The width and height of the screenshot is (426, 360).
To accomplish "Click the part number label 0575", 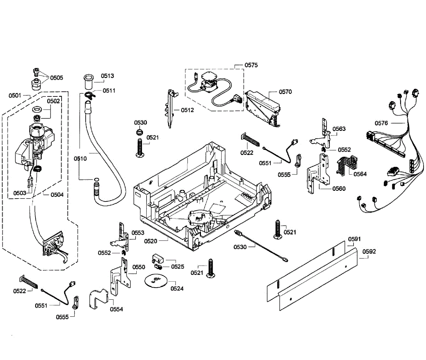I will (251, 65).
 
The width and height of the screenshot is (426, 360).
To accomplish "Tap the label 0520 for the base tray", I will (151, 241).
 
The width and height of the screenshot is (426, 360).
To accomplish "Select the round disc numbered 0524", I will (155, 280).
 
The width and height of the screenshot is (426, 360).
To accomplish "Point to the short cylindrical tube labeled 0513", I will (87, 83).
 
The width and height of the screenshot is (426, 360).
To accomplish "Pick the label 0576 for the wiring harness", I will (382, 123).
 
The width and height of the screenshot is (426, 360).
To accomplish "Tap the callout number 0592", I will (369, 252).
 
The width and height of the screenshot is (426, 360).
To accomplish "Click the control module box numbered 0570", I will (263, 106).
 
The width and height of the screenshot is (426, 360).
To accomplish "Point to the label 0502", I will (53, 101).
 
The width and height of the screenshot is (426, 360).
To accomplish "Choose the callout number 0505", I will (56, 78).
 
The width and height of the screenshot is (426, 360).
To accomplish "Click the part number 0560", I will (339, 189).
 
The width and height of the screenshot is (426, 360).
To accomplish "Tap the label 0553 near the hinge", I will (138, 233).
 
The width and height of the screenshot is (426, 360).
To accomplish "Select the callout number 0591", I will (354, 239).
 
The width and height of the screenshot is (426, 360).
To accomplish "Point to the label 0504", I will (57, 194).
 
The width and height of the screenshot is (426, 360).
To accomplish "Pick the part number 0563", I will (339, 129).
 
